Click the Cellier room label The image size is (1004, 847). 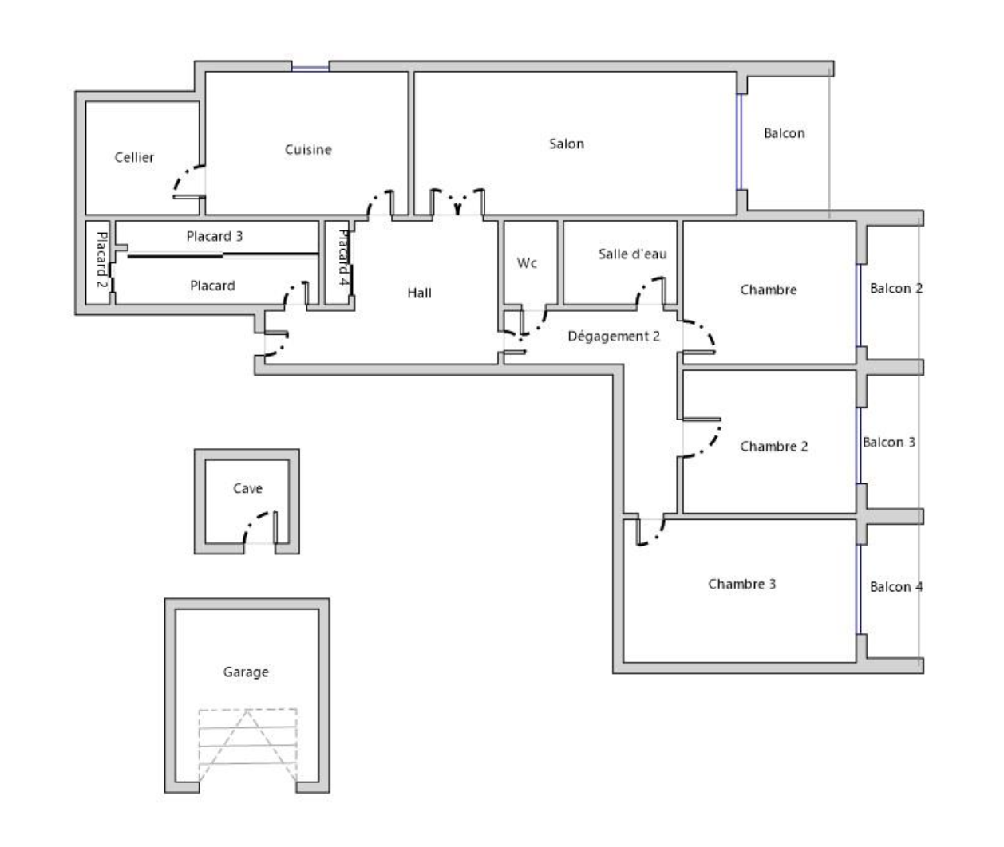(x=134, y=157)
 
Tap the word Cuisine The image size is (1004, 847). (x=308, y=149)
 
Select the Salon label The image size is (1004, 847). (x=567, y=144)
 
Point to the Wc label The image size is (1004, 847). (x=527, y=263)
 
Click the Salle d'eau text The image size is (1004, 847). (x=632, y=254)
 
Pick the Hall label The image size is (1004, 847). (x=419, y=293)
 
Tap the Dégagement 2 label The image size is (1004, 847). (x=614, y=337)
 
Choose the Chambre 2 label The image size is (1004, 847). (x=773, y=447)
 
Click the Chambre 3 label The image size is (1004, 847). (x=742, y=584)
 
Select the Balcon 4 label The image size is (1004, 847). (x=896, y=587)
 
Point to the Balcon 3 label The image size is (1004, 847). (x=888, y=442)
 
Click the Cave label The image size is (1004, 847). (x=247, y=488)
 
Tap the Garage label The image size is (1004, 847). (x=246, y=672)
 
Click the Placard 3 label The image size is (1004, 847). (x=215, y=236)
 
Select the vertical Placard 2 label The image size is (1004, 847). (x=101, y=259)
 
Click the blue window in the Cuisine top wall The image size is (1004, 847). (x=310, y=69)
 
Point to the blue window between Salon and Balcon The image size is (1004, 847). (x=739, y=142)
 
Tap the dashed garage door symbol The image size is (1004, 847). (x=247, y=745)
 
